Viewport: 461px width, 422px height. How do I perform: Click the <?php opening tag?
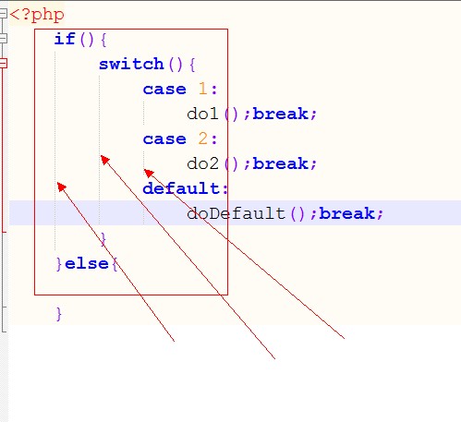(37, 15)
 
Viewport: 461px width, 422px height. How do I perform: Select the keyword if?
(65, 39)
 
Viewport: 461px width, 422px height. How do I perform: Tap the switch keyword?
(131, 64)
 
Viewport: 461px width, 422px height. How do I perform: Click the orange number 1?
(202, 89)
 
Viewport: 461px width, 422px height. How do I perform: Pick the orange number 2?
(203, 139)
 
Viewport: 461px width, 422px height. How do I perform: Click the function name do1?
(202, 114)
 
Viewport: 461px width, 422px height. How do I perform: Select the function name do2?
(202, 163)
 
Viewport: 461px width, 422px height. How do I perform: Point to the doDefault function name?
(236, 213)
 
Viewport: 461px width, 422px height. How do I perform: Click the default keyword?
(181, 188)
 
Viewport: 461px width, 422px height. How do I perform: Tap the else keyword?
(87, 264)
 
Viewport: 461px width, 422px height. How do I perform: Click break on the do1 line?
(280, 114)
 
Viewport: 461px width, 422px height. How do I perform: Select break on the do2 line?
(280, 163)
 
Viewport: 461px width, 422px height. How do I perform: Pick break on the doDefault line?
(346, 213)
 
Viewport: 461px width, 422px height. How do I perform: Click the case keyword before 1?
(164, 90)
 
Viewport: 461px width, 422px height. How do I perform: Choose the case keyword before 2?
(164, 139)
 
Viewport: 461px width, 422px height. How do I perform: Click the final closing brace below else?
(59, 314)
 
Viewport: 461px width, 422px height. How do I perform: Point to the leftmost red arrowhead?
(61, 187)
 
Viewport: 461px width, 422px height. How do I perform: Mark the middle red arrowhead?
(104, 159)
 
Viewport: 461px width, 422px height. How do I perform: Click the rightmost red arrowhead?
(149, 173)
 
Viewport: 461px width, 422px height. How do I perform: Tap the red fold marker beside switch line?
(3, 64)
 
